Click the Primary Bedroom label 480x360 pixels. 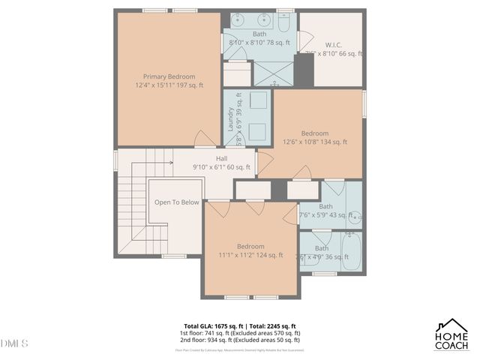pyautogui.click(x=169, y=76)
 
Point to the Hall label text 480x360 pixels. pyautogui.click(x=222, y=158)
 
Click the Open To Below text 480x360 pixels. pyautogui.click(x=177, y=202)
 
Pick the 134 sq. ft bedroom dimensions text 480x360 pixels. pyautogui.click(x=315, y=142)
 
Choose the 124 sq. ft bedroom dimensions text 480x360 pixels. pyautogui.click(x=250, y=255)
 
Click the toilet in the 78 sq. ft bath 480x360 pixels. pyautogui.click(x=285, y=20)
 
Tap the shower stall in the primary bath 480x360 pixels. pyautogui.click(x=274, y=73)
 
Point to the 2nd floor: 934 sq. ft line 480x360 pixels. pyautogui.click(x=240, y=340)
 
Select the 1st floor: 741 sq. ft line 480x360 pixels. pyautogui.click(x=240, y=333)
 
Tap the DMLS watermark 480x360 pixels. pyautogui.click(x=14, y=343)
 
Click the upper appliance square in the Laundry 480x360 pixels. pyautogui.click(x=257, y=102)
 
